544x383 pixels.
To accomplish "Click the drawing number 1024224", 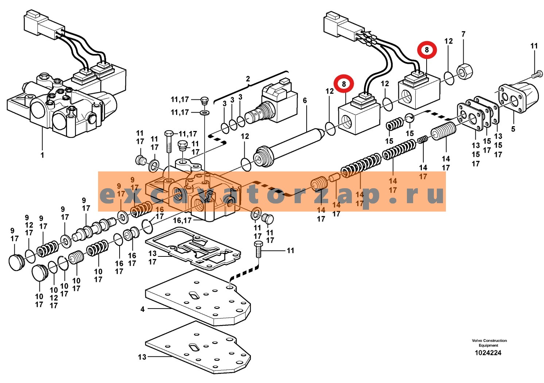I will click(488, 353).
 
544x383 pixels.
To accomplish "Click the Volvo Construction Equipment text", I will click(489, 343).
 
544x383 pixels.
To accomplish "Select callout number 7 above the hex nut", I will click(463, 34).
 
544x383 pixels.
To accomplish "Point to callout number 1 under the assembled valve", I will click(42, 155).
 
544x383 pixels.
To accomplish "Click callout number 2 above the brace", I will click(248, 79).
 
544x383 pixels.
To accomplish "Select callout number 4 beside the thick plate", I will click(143, 309).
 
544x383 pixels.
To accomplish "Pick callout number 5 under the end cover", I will click(513, 129).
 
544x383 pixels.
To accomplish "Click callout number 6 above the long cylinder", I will click(305, 100).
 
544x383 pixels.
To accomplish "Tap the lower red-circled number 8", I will click(343, 84).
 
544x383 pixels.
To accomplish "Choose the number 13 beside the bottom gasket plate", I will click(142, 357).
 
